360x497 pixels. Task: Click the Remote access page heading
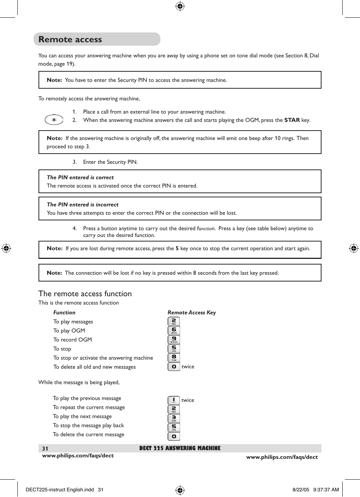click(70, 39)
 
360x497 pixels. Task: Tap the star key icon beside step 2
click(54, 120)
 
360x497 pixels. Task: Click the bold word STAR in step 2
click(292, 120)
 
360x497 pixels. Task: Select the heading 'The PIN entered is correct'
click(80, 177)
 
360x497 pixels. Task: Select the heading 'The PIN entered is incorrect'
click(82, 205)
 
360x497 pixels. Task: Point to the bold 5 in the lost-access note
click(177, 248)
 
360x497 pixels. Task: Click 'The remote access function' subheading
click(85, 294)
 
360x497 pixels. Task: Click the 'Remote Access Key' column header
click(192, 312)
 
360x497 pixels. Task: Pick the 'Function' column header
click(64, 312)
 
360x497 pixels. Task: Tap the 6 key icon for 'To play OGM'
click(174, 330)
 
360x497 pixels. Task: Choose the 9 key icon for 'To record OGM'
click(174, 339)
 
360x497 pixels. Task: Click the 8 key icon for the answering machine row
click(174, 357)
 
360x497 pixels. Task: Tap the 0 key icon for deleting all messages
click(174, 366)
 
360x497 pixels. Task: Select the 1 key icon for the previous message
click(174, 400)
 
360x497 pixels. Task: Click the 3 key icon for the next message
click(174, 418)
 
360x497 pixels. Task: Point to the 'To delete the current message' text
click(88, 434)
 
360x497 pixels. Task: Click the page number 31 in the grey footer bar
click(45, 449)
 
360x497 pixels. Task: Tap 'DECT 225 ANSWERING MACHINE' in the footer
click(180, 448)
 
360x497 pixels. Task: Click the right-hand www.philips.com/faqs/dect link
click(282, 457)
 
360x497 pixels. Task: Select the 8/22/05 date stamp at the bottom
click(301, 490)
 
